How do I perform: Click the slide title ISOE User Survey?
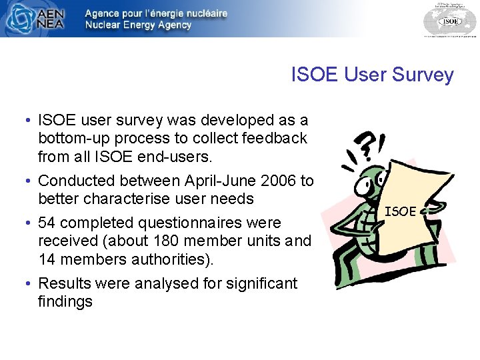click(x=372, y=75)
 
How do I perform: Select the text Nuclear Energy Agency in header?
click(x=138, y=25)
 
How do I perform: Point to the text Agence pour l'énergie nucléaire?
click(x=156, y=13)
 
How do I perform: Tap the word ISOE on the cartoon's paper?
click(x=401, y=211)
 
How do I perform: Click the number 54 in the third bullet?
click(x=48, y=223)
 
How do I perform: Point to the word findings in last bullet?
click(x=65, y=302)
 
